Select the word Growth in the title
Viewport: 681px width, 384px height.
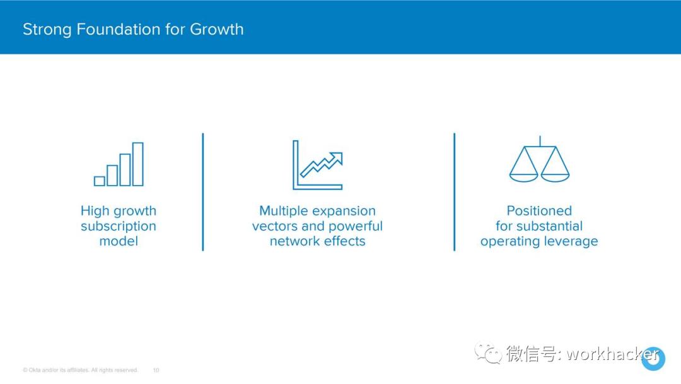[x=217, y=29]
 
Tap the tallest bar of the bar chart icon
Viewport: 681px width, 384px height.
[x=138, y=164]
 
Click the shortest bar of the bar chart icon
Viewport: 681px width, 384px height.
[x=100, y=181]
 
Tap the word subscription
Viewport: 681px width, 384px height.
[x=119, y=227]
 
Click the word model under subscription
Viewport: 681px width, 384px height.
[x=119, y=241]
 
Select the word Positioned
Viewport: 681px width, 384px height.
[x=539, y=211]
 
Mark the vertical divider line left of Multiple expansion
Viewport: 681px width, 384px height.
[x=203, y=192]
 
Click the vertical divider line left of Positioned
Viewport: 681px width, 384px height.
[x=454, y=192]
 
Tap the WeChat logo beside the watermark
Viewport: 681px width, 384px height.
[x=487, y=353]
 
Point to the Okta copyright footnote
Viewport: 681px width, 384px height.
[x=80, y=370]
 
